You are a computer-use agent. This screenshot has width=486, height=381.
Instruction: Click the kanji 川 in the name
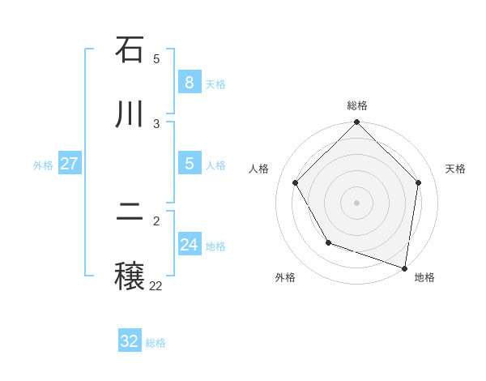pyautogui.click(x=130, y=113)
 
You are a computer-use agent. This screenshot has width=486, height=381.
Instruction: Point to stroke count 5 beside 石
pyautogui.click(x=156, y=59)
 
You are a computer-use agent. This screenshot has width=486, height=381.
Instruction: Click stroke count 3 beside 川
pyautogui.click(x=156, y=123)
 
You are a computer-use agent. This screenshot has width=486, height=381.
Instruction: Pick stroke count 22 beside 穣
pyautogui.click(x=156, y=285)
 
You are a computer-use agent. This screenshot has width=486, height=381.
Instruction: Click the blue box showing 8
pyautogui.click(x=189, y=83)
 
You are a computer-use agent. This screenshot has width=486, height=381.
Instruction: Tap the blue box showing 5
pyautogui.click(x=189, y=164)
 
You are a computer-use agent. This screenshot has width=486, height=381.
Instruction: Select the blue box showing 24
pyautogui.click(x=189, y=245)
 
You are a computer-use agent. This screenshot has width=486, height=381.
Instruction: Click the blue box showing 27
pyautogui.click(x=69, y=164)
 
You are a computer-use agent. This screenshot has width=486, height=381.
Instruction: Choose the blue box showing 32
pyautogui.click(x=130, y=341)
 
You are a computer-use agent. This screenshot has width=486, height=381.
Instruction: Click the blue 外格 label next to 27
pyautogui.click(x=43, y=165)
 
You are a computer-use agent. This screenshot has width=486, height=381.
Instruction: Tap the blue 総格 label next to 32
pyautogui.click(x=156, y=343)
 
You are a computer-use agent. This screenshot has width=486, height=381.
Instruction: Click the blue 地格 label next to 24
pyautogui.click(x=215, y=246)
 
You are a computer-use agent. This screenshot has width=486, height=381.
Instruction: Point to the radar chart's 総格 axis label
pyautogui.click(x=357, y=105)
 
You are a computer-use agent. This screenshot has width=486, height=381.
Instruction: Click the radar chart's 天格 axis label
pyautogui.click(x=455, y=169)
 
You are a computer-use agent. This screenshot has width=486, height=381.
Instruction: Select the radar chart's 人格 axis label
pyautogui.click(x=259, y=169)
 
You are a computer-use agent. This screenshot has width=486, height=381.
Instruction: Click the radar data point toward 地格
pyautogui.click(x=405, y=268)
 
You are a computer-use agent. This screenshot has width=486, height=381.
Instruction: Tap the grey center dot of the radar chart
pyautogui.click(x=357, y=203)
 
